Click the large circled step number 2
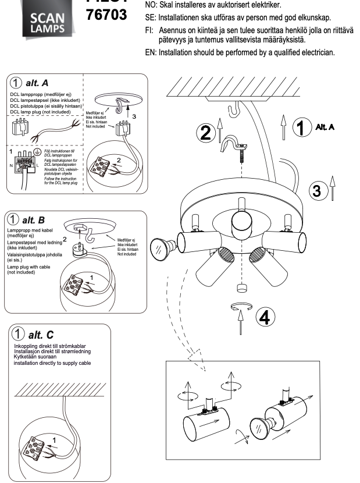(205, 133)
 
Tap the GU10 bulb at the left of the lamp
(161, 247)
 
